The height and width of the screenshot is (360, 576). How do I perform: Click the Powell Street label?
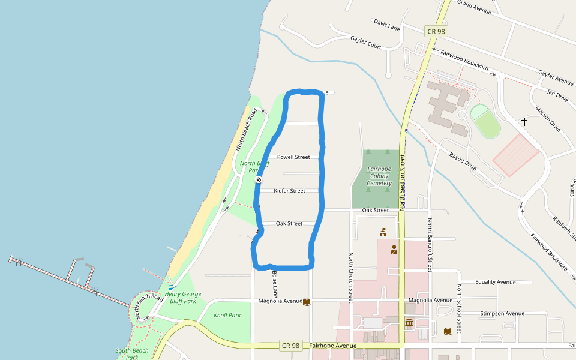293,157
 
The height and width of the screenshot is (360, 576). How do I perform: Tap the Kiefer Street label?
289,191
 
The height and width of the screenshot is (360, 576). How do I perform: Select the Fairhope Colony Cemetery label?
379,176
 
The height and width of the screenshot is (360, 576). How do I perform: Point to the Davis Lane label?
386,25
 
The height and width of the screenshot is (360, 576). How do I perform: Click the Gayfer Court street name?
366,42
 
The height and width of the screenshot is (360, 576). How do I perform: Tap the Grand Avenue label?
474,7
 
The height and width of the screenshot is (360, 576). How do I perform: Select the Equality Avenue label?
495,282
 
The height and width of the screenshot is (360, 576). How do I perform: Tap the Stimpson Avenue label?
502,313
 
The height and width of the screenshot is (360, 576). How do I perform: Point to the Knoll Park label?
227,315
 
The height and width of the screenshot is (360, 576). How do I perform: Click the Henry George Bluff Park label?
183,298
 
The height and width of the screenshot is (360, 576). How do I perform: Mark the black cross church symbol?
524,122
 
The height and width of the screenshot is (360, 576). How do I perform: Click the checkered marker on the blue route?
259,179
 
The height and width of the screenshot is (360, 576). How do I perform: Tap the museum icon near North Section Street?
409,323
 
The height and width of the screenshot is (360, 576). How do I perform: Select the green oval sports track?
485,120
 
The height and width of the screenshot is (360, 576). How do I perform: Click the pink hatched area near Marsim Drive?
516,155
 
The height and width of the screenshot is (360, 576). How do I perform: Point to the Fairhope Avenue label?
333,346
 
